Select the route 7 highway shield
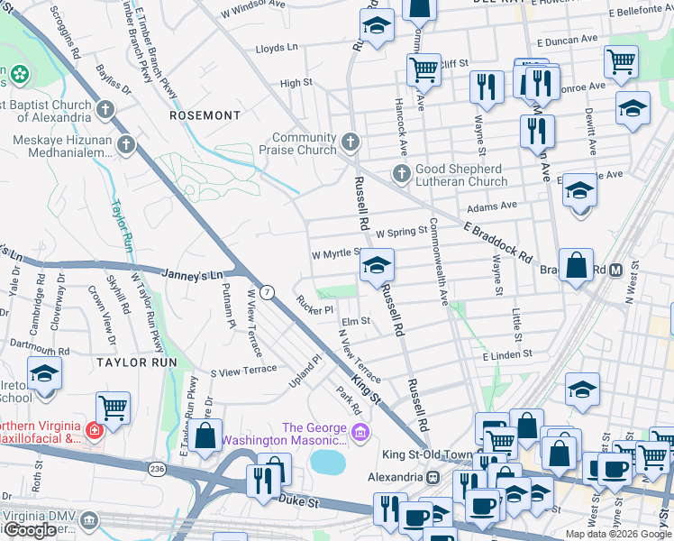tap(267, 292)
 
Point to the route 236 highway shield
tap(157, 469)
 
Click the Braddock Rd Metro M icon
tap(617, 270)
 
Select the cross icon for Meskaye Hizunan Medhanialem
tap(126, 143)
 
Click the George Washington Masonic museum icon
tap(361, 435)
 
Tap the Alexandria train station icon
tap(433, 476)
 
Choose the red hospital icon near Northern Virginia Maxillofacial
tap(94, 432)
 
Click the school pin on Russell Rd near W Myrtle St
tap(378, 265)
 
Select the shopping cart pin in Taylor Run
tap(113, 407)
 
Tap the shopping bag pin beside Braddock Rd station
tap(576, 266)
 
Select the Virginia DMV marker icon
tap(88, 519)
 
